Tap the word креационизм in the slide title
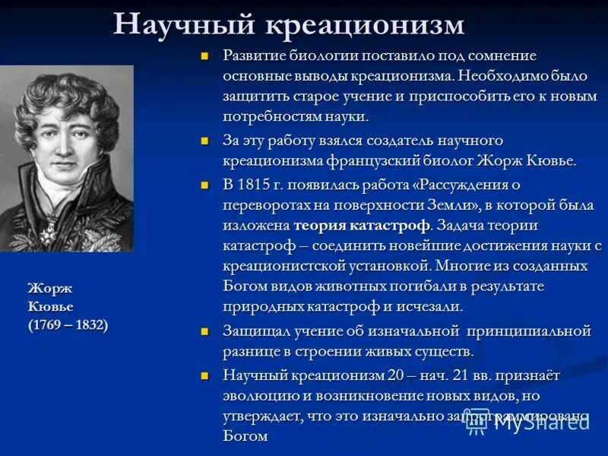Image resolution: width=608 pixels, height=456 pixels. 365,24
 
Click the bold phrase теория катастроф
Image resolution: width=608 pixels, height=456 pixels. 362,226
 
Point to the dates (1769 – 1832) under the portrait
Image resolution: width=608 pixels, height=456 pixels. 68,325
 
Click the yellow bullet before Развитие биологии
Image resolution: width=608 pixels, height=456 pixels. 204,56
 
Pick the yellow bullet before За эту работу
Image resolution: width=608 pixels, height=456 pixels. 204,141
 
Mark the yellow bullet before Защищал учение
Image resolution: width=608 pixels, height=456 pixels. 204,332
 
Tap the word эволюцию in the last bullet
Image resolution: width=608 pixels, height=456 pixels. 255,396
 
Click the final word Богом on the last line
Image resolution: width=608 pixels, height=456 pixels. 245,437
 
